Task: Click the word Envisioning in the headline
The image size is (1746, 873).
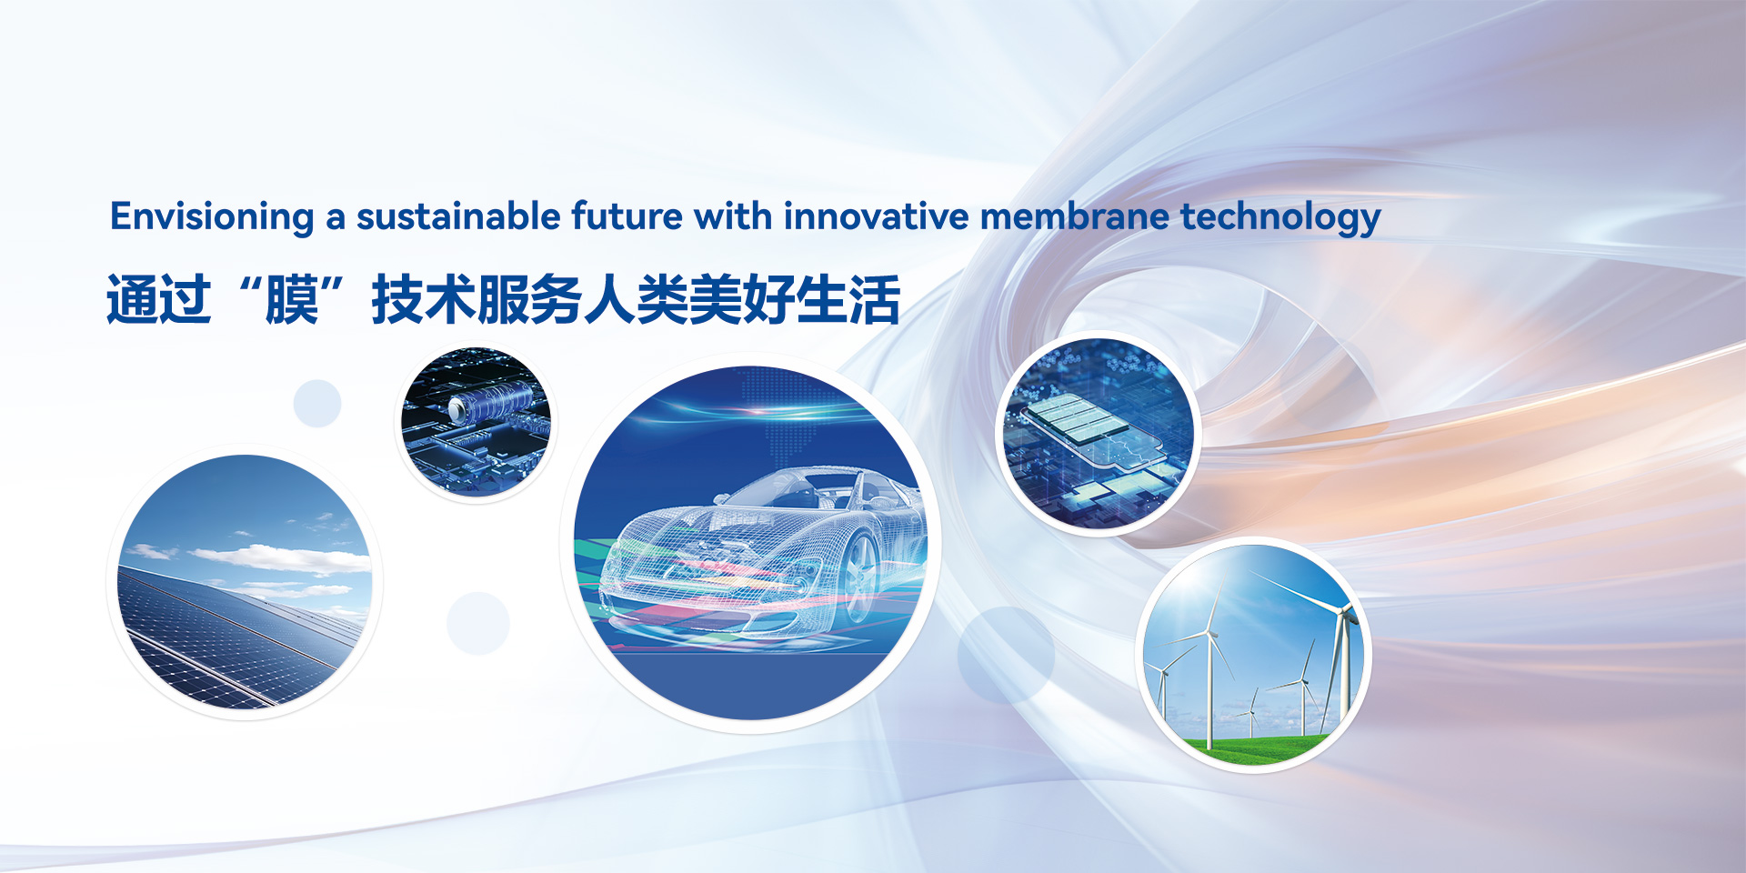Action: pos(212,217)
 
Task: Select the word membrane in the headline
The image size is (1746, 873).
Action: pos(1074,216)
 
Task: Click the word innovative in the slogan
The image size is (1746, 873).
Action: pos(876,216)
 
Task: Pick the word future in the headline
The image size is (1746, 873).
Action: pos(627,216)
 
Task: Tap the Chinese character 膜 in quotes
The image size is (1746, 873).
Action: pos(292,299)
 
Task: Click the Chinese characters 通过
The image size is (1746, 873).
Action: pos(159,299)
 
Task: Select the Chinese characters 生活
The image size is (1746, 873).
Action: pos(848,299)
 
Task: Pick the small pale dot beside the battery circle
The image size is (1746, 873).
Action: pos(317,403)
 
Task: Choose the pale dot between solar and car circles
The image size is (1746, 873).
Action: pos(478,623)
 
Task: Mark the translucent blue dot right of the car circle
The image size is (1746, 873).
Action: pos(1006,655)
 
